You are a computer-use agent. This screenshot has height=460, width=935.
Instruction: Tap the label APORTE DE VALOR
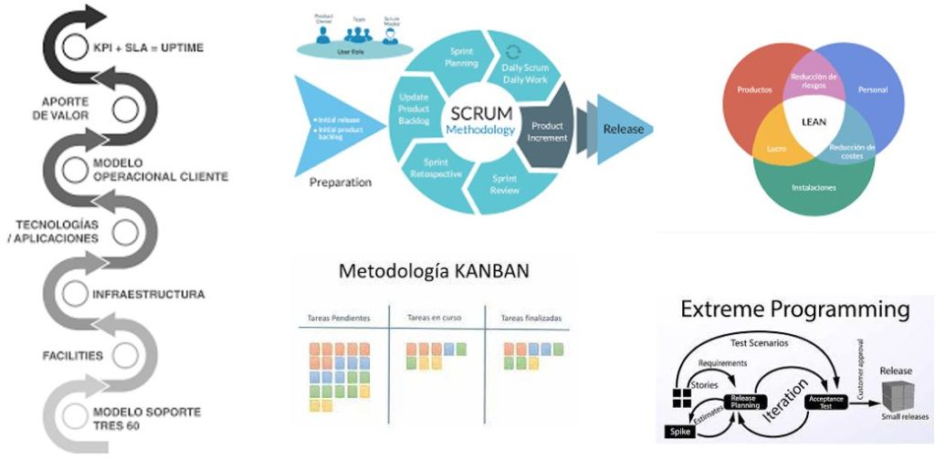(x=67, y=109)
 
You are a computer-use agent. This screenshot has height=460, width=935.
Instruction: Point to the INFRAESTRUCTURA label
(x=148, y=295)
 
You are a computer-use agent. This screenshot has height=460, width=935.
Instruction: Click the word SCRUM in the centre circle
(x=476, y=114)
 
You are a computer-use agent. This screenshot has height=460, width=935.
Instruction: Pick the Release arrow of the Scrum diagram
(x=623, y=129)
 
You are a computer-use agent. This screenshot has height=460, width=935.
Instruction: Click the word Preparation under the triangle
(x=340, y=182)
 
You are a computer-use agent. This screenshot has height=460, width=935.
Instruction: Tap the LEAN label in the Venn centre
(x=807, y=119)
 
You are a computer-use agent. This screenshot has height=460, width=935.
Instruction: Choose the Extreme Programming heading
(x=795, y=309)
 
